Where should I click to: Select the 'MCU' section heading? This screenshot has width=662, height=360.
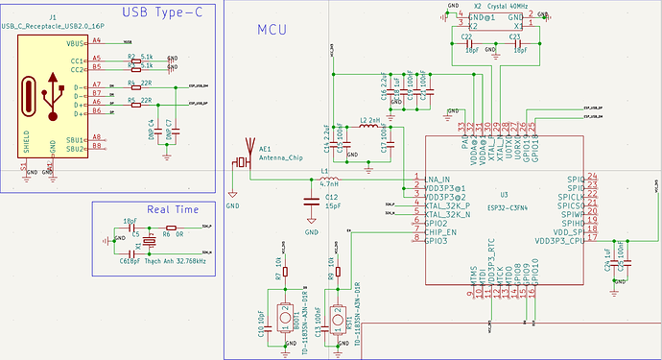click(273, 30)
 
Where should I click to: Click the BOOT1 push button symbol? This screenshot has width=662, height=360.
click(285, 315)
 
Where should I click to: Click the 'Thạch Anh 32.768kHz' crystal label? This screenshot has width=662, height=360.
click(179, 260)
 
